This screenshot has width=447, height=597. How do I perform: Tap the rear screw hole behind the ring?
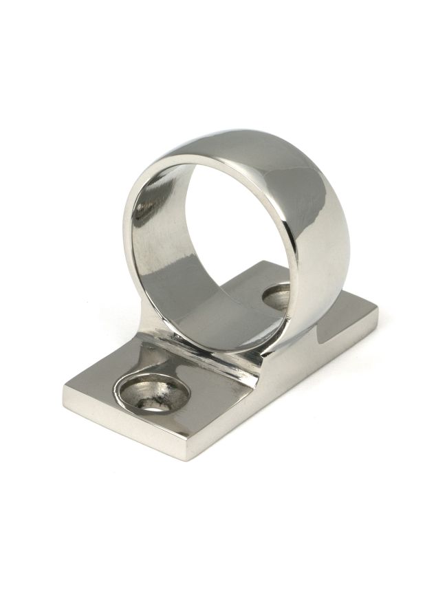[280, 294]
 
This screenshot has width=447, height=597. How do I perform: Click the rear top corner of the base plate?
[263, 262]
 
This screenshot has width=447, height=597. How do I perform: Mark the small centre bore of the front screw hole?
[153, 401]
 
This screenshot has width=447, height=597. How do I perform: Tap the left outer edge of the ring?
[126, 234]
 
